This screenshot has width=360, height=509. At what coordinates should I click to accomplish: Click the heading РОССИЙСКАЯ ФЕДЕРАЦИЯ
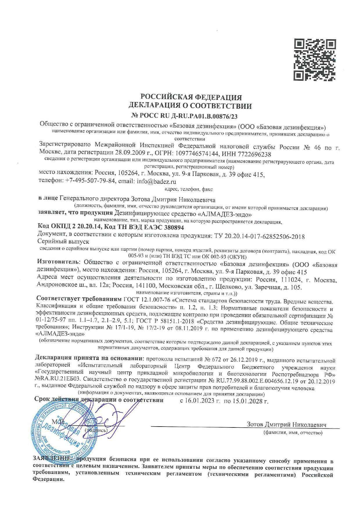click(x=191, y=97)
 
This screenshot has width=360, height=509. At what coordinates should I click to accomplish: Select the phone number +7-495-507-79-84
click(x=91, y=181)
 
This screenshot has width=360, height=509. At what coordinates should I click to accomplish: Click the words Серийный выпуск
click(x=63, y=242)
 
